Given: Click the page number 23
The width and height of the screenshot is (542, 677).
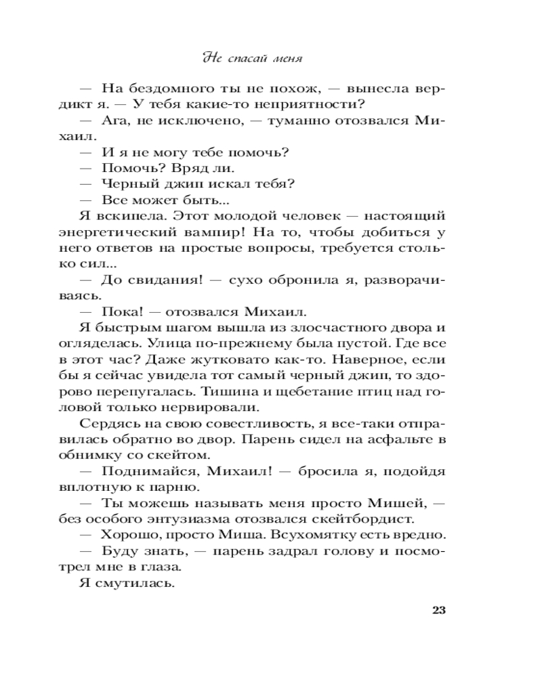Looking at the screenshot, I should pyautogui.click(x=438, y=610).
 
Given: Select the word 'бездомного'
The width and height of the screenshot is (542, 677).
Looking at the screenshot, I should pyautogui.click(x=167, y=89).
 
